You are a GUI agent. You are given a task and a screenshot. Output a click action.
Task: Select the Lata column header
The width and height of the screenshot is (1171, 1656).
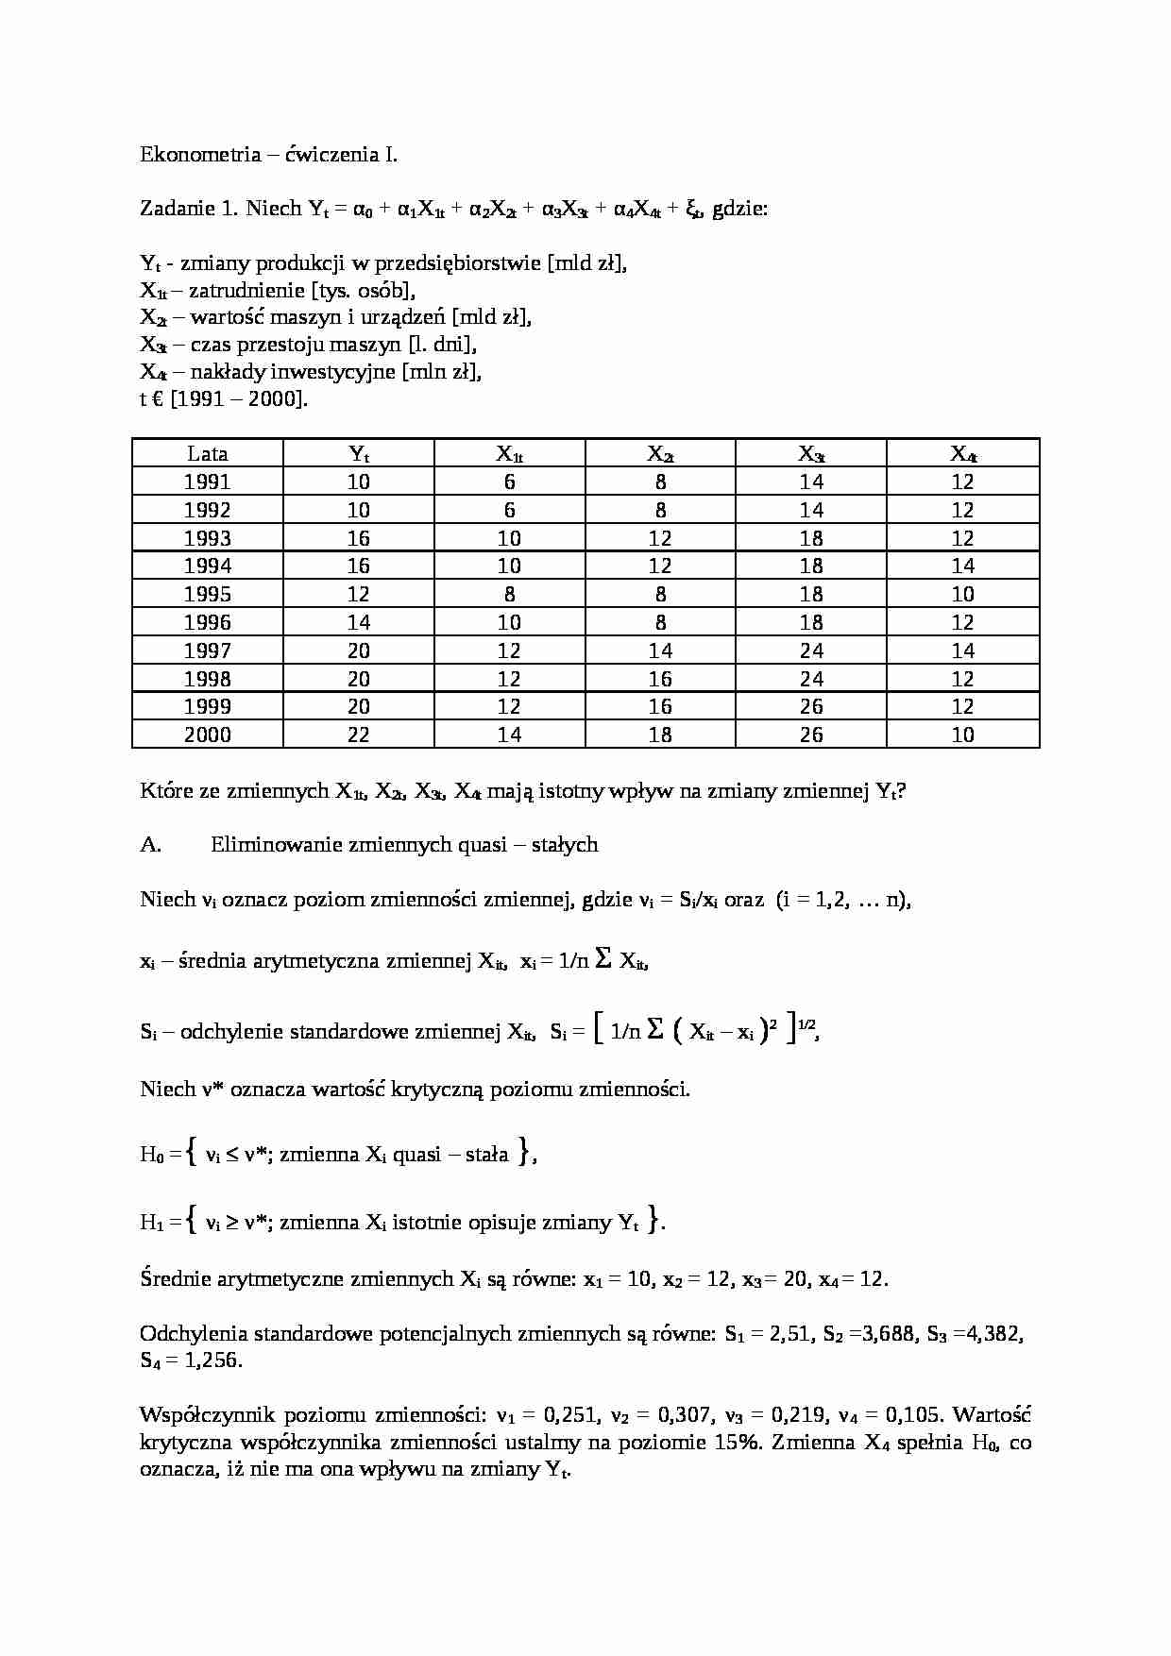(208, 453)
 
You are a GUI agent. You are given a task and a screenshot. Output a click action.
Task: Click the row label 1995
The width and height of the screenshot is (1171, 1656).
(208, 594)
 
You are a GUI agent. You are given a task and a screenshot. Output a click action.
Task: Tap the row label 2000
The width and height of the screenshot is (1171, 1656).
(208, 735)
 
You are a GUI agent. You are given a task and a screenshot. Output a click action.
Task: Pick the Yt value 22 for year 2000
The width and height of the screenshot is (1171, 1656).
(359, 735)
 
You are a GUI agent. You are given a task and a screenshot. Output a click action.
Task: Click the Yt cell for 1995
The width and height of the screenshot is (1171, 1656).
(359, 594)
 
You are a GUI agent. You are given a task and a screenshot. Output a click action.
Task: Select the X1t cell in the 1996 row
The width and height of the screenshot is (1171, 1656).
(509, 622)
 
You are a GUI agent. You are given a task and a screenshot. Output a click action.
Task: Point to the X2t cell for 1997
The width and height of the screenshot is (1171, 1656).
(660, 651)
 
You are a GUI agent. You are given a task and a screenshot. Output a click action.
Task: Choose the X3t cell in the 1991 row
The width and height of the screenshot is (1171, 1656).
(811, 482)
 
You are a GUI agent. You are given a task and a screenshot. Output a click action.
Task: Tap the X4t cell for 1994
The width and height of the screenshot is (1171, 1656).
(962, 566)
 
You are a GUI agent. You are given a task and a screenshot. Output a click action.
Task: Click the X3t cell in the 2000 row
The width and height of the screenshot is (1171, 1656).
(811, 735)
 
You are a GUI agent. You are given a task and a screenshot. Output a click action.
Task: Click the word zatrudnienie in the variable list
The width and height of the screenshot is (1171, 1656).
(244, 291)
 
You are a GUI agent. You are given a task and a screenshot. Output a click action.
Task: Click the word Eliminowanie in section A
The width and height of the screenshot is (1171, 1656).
(267, 845)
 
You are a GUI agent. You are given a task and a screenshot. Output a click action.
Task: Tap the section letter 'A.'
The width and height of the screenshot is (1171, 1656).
(151, 845)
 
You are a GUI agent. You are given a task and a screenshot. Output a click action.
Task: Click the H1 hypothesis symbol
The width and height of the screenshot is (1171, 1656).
(152, 1224)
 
